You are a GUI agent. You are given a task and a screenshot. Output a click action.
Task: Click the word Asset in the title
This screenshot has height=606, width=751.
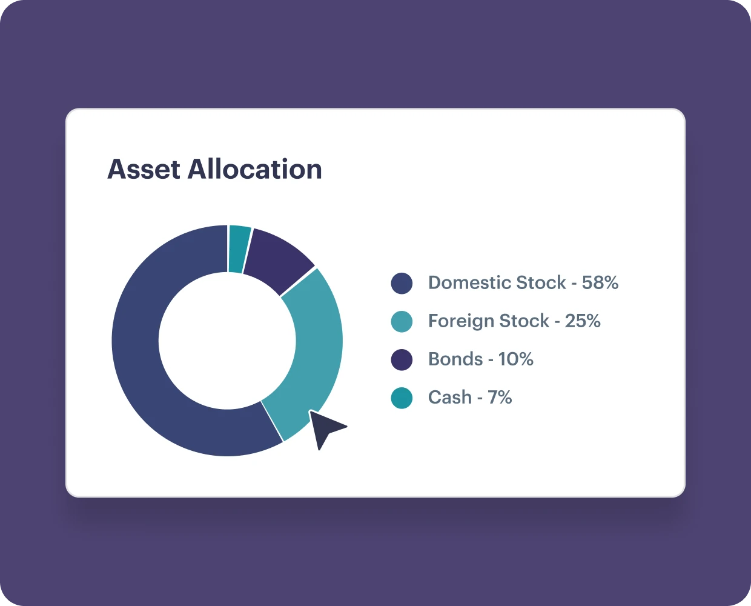pos(144,169)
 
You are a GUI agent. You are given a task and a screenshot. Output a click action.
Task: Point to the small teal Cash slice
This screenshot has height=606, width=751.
pos(239,248)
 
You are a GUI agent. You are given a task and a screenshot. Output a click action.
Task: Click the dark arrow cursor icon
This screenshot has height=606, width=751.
pos(325,428)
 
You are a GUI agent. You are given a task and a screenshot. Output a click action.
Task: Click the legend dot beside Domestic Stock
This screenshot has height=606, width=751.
pos(402,283)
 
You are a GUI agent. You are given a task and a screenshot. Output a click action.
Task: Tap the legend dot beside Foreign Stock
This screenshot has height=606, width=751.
pos(402,321)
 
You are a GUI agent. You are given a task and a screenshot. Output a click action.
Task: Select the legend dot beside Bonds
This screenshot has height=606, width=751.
pos(402,360)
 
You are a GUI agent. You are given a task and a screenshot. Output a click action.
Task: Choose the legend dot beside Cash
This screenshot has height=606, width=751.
pos(402,398)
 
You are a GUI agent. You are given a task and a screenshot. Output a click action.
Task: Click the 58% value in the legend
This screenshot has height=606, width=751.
pos(600,282)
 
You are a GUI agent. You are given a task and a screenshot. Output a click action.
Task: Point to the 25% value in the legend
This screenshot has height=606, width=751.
pos(583,321)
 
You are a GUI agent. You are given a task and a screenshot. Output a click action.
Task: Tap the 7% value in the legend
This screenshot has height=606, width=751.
pos(500,397)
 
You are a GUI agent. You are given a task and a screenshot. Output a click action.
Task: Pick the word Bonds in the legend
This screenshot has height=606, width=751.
pos(455,359)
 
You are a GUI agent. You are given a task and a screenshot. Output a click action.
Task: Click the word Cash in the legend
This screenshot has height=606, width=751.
pos(450,397)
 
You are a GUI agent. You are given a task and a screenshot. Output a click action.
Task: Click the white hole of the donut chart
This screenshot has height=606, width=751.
pos(227,341)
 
